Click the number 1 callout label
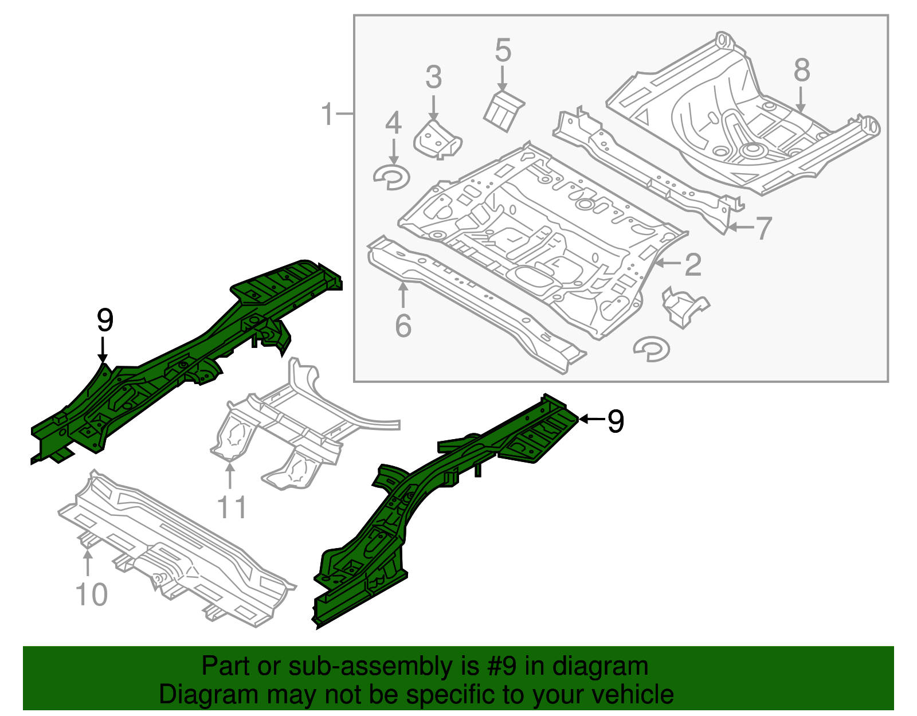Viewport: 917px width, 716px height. [327, 114]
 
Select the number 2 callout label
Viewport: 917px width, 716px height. [693, 264]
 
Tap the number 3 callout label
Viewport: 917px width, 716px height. [433, 77]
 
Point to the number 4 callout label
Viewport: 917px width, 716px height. [393, 124]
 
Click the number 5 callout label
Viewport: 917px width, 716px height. [503, 50]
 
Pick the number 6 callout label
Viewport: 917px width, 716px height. [403, 326]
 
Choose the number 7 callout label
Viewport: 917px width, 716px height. [763, 228]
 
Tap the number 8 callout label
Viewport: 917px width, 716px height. [802, 71]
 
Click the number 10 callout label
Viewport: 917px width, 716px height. [91, 594]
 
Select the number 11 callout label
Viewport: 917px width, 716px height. [232, 508]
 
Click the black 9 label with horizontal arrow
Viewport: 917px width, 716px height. [615, 421]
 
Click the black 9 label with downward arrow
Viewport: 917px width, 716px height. [105, 320]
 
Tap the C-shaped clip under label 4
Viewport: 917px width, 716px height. [391, 177]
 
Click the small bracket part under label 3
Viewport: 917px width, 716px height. [437, 140]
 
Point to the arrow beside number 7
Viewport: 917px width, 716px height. [739, 228]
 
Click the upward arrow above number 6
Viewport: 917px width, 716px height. [403, 295]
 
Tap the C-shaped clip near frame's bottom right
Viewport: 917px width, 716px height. [652, 349]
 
